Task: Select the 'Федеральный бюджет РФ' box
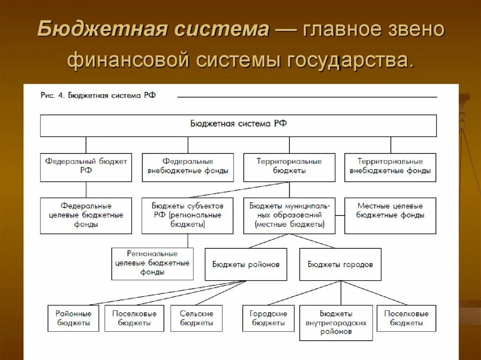(x=86, y=167)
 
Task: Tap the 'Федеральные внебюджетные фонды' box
(x=187, y=167)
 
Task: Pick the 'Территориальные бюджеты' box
(x=289, y=167)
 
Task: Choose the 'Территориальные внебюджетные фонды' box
(x=390, y=167)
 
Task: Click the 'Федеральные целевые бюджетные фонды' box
(x=86, y=215)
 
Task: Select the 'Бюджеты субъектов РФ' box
(x=187, y=215)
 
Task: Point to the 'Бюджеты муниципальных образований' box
(x=289, y=215)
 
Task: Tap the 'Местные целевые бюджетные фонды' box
(x=390, y=215)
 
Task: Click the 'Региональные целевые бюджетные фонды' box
(x=152, y=263)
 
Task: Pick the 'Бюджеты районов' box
(x=246, y=264)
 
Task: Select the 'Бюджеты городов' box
(x=340, y=264)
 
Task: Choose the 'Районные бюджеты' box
(x=73, y=318)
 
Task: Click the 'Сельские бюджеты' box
(x=196, y=318)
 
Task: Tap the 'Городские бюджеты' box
(x=268, y=318)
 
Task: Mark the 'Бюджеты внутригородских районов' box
(x=336, y=322)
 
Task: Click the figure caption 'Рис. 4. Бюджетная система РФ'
(x=98, y=95)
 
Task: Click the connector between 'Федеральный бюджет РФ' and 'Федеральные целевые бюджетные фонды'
(x=86, y=190)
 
